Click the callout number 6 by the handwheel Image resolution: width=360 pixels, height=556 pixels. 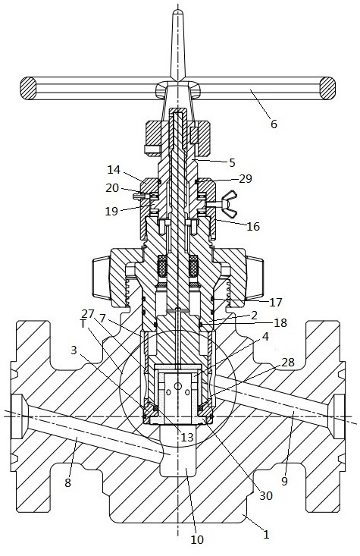[274, 124]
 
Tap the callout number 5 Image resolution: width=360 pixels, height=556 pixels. [232, 162]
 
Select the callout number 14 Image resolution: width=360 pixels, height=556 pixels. [114, 169]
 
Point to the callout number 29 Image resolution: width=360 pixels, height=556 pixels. [245, 179]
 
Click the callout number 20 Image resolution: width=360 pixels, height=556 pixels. [112, 187]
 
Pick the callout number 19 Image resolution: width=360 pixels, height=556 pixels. [111, 211]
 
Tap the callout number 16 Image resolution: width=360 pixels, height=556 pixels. [253, 226]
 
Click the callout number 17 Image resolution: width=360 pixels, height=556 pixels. [276, 302]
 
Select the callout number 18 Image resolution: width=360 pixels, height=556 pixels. [280, 322]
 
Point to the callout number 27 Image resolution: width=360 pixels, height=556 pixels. [88, 313]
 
